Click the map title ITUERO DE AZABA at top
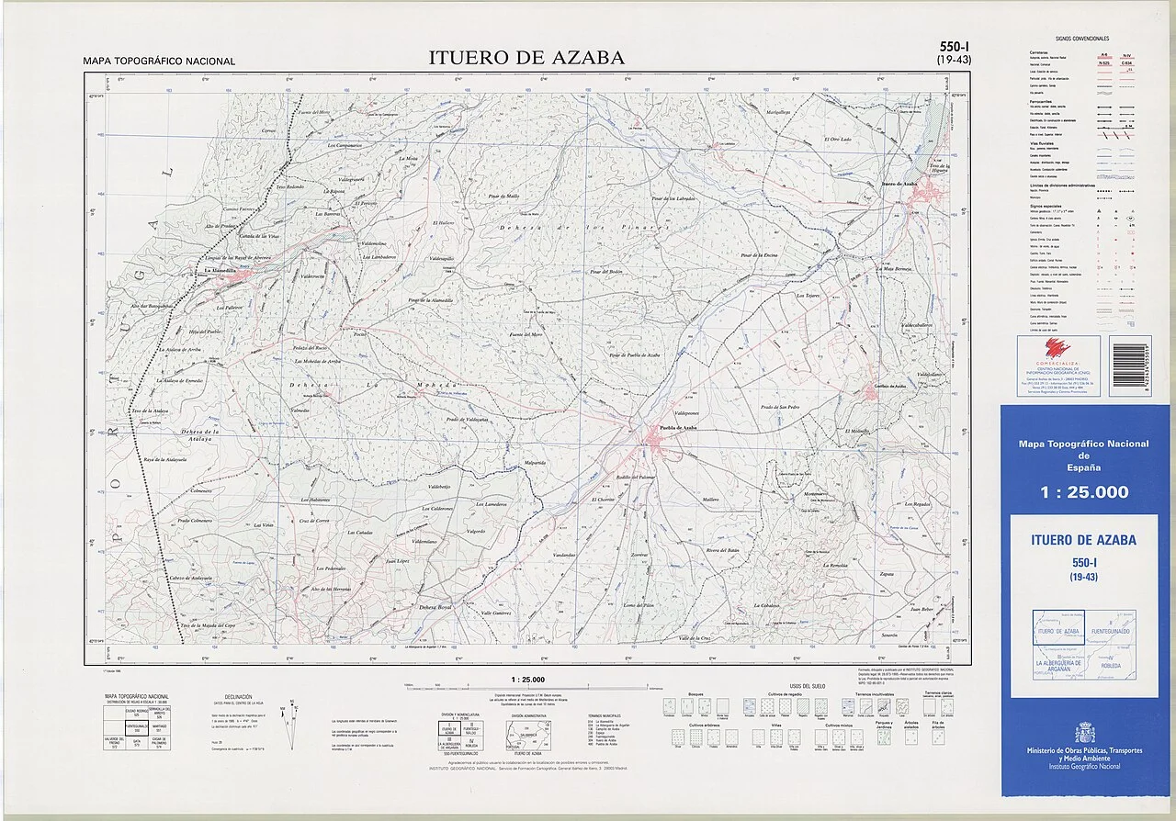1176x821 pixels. pyautogui.click(x=526, y=58)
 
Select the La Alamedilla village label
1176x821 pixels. pyautogui.click(x=225, y=271)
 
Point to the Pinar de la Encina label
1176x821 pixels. pyautogui.click(x=759, y=254)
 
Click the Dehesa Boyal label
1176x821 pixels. pyautogui.click(x=435, y=607)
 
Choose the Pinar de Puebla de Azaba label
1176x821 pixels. pyautogui.click(x=634, y=354)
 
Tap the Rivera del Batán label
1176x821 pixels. pyautogui.click(x=722, y=550)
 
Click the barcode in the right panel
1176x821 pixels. pyautogui.click(x=1127, y=365)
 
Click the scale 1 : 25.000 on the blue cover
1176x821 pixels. pyautogui.click(x=1084, y=492)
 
